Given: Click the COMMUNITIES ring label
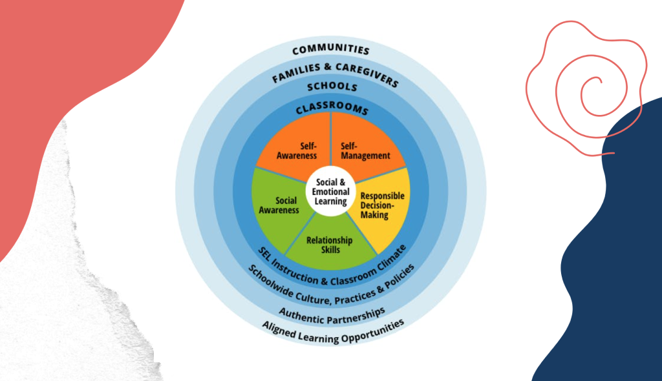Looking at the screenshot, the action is tap(331, 49).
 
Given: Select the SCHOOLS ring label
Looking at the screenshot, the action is tap(332, 87).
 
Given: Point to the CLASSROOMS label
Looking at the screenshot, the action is tap(332, 107).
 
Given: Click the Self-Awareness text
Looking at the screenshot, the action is tap(297, 151).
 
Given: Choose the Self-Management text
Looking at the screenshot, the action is tap(365, 151).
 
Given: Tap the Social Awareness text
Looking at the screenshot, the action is tap(279, 205).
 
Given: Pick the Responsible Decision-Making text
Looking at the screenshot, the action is tap(382, 205).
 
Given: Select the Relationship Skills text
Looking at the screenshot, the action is tap(330, 245).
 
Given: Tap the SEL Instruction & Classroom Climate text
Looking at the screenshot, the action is tap(332, 271).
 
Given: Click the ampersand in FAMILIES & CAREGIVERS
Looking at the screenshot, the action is tap(328, 67).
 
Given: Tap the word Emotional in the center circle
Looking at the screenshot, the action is tap(330, 192).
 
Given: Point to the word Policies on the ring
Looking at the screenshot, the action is tap(400, 276).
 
